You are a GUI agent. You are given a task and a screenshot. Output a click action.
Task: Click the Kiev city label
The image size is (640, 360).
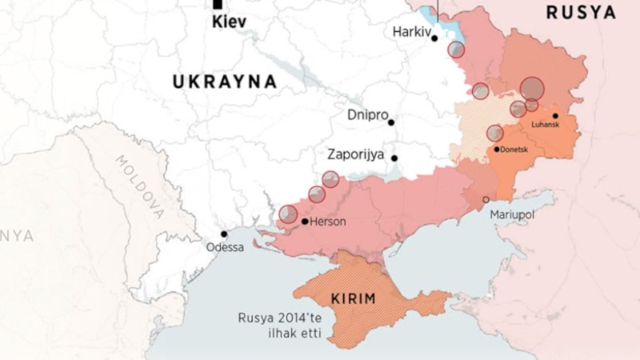tap(229, 22)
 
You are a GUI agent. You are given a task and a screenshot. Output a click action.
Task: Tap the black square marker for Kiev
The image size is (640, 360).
tap(218, 4)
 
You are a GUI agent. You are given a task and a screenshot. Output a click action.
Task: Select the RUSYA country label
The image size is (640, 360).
tap(581, 13)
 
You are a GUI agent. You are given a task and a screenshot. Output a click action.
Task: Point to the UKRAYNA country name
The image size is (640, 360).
tap(225, 82)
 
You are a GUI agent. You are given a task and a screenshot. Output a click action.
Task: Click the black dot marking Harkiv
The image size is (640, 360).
tap(434, 38)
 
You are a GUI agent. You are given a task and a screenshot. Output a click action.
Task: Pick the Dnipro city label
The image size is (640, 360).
tap(367, 114)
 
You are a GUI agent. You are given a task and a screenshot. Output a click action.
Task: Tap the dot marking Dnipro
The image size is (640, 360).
tap(391, 122)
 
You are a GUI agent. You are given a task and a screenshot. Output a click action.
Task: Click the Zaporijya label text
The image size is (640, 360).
tap(356, 154)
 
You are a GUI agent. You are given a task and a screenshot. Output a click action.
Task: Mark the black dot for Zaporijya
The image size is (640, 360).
tap(394, 158)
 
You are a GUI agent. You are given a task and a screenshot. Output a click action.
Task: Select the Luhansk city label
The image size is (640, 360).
tap(545, 125)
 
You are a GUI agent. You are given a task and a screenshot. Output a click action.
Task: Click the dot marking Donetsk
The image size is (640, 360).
tap(497, 150)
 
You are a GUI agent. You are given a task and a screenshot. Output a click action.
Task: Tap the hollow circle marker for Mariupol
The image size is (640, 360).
tap(486, 200)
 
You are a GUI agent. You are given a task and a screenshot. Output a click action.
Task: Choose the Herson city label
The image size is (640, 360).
tap(328, 222)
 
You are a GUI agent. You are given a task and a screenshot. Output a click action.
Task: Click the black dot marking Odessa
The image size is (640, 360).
tap(224, 234)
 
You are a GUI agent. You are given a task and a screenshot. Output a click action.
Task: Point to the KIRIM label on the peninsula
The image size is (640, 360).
tap(354, 299)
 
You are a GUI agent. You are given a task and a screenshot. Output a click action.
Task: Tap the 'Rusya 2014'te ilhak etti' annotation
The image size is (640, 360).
tap(279, 325)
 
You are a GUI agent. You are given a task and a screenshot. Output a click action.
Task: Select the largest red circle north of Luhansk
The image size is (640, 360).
tap(532, 88)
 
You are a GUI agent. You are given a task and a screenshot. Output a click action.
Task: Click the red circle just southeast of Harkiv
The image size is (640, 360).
tap(456, 50)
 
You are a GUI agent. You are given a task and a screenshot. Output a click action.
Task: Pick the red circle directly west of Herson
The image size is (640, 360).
tap(288, 214)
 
